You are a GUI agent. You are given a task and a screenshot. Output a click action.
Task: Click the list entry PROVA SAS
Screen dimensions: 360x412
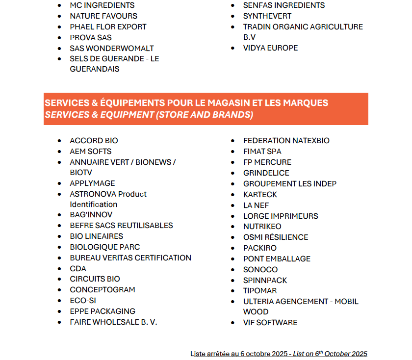(x=91, y=37)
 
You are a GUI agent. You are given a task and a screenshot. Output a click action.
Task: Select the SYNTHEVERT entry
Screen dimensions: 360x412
(x=267, y=16)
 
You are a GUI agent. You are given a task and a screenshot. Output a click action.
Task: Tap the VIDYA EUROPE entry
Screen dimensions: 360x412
(x=270, y=48)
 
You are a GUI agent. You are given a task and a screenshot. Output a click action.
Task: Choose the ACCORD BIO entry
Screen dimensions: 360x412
(x=94, y=141)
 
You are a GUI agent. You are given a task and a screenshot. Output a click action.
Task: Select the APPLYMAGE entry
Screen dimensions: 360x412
(x=92, y=183)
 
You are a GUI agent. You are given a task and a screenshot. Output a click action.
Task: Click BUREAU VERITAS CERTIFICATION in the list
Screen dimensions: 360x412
(x=130, y=258)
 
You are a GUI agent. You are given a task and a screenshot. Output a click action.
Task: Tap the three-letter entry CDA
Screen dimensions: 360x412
(x=78, y=269)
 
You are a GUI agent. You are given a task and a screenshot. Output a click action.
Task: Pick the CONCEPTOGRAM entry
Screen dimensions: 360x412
(x=103, y=290)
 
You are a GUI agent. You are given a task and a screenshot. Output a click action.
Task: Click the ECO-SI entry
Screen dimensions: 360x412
(x=83, y=301)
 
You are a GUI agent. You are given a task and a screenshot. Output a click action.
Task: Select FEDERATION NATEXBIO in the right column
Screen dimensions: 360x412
(x=286, y=141)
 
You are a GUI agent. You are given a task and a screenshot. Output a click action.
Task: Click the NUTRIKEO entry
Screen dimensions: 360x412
(x=262, y=227)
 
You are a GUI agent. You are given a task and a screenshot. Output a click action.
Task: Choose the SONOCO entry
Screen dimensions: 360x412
(x=260, y=270)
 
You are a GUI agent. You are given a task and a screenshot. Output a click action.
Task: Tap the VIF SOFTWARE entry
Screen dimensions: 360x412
(x=270, y=323)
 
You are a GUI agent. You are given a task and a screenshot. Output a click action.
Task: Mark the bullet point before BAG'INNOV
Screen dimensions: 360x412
(x=60, y=215)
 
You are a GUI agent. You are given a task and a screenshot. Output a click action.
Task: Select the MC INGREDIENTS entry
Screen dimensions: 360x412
(x=102, y=5)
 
